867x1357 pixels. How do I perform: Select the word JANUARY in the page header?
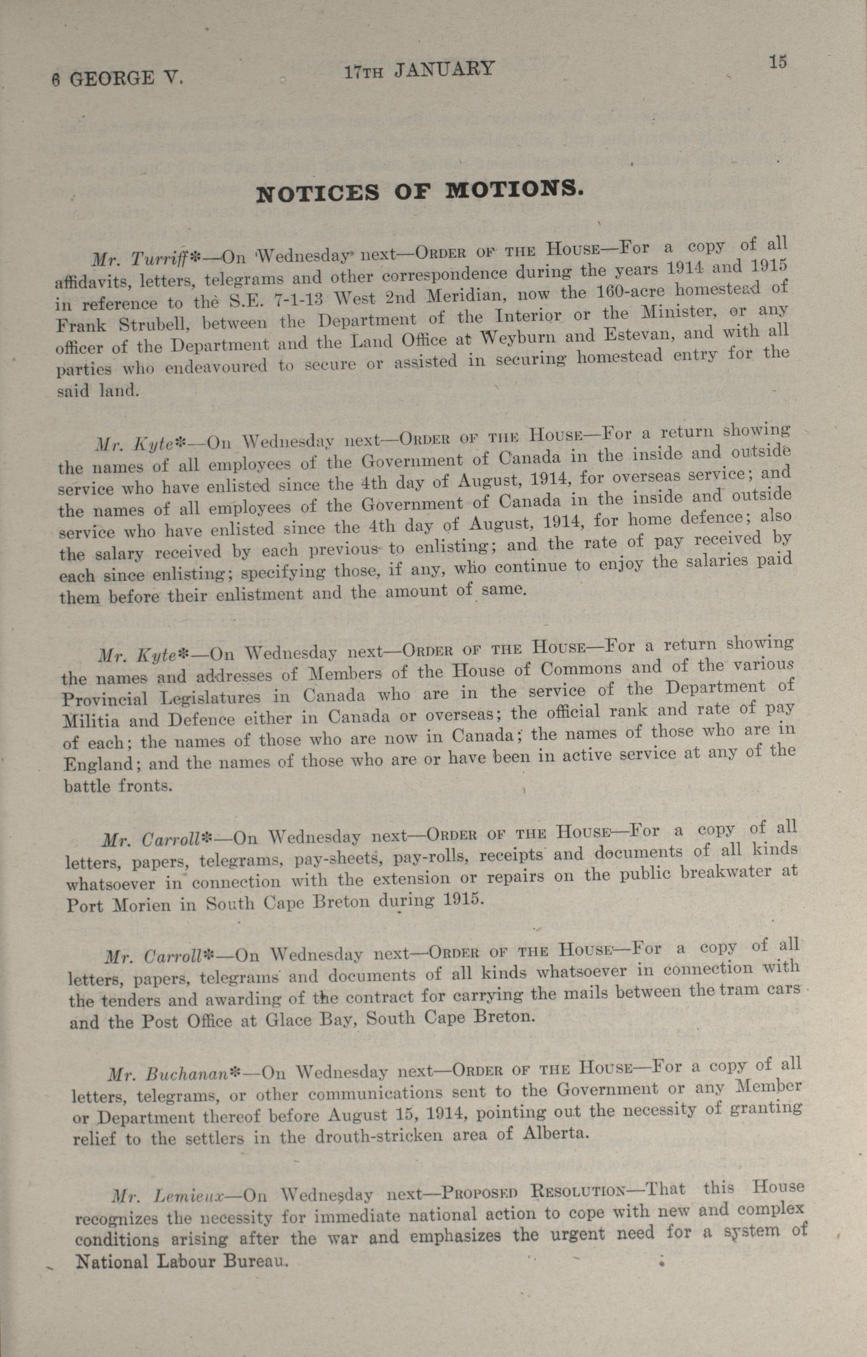[444, 70]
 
